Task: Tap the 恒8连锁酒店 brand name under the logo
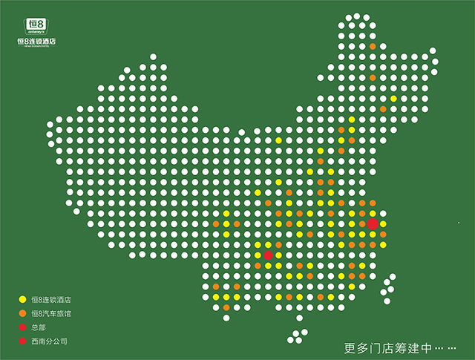[x=36, y=42]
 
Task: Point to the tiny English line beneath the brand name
[x=36, y=47]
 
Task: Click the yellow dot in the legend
[x=22, y=300]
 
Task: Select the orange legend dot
[x=22, y=314]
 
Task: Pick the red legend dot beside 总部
[x=22, y=328]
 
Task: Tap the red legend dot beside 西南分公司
[x=22, y=342]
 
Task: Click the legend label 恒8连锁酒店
[x=51, y=300]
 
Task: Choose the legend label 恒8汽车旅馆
[x=51, y=314]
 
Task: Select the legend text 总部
[x=38, y=328]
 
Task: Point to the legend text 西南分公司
[x=49, y=342]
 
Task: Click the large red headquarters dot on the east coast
[x=373, y=223]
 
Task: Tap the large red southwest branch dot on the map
[x=268, y=255]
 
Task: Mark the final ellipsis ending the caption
[x=452, y=347]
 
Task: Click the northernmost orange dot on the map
[x=373, y=47]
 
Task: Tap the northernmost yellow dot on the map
[x=393, y=99]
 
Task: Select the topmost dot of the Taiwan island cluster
[x=392, y=276]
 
